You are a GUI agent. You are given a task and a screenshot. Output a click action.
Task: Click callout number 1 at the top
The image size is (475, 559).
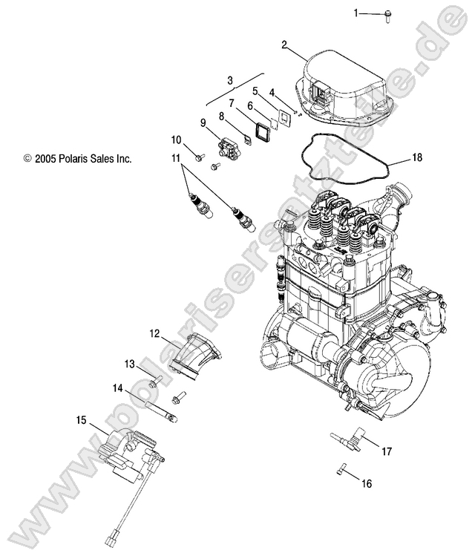click(356, 13)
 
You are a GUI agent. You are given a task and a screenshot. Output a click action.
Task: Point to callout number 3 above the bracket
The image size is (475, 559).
click(230, 79)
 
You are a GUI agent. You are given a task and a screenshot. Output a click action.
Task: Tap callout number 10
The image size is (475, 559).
click(177, 140)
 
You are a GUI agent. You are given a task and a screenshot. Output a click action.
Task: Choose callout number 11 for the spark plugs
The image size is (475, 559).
click(176, 158)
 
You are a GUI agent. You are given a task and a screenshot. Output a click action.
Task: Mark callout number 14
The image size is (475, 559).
click(117, 388)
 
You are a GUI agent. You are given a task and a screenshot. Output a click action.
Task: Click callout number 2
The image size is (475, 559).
click(284, 45)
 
